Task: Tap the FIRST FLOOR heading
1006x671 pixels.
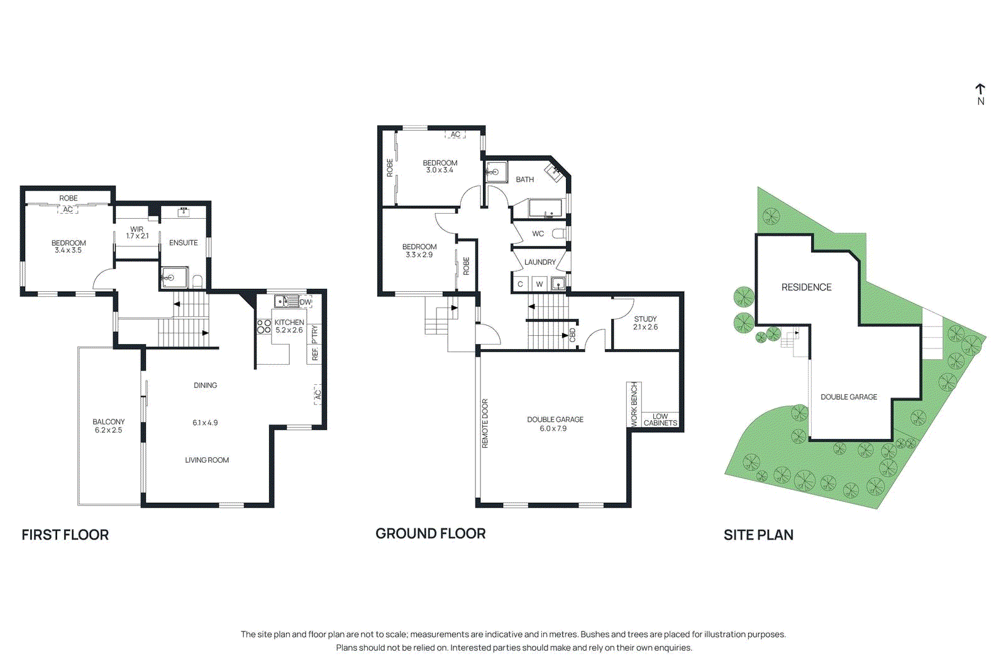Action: pos(65,535)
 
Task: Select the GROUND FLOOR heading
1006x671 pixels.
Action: pos(430,533)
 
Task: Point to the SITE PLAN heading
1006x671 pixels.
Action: pos(758,535)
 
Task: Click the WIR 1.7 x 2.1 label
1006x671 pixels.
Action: pos(137,233)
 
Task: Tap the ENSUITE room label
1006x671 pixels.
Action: pos(183,243)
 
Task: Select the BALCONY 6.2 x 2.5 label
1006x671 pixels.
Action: pos(108,426)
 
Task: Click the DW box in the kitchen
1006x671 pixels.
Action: pos(306,302)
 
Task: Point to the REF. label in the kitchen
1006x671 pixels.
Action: pos(315,354)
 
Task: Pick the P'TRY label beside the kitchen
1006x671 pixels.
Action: pos(315,333)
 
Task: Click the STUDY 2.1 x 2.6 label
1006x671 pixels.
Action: pos(645,323)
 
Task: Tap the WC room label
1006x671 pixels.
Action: pos(538,234)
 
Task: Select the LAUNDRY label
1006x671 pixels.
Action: pos(540,262)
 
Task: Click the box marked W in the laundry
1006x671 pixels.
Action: pos(539,284)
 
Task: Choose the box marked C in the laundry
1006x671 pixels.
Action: pos(520,284)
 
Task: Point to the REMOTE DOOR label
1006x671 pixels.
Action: pos(485,423)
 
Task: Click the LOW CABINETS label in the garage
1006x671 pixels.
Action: pos(660,419)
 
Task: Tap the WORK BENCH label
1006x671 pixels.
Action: pos(634,404)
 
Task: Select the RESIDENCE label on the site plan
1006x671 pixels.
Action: pos(806,287)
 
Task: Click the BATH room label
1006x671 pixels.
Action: pos(525,179)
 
